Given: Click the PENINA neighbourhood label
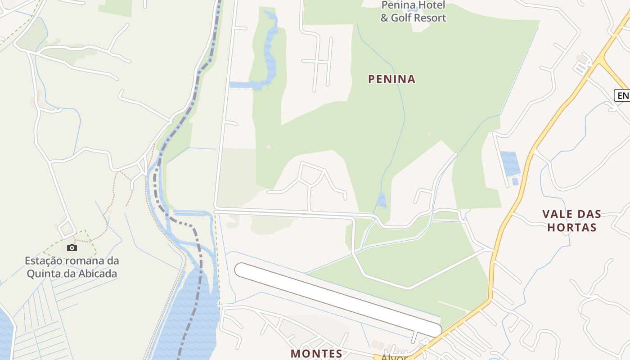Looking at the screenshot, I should [x=391, y=79].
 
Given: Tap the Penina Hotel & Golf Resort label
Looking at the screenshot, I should [x=413, y=12].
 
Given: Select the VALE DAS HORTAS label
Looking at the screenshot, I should [x=571, y=220].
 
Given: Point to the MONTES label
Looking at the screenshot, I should [x=316, y=354].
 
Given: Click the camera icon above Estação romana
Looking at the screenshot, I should [x=72, y=247].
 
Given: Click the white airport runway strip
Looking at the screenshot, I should [x=337, y=299].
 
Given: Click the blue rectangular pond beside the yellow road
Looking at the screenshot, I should [x=510, y=164].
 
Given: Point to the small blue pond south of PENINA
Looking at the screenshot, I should [x=381, y=200].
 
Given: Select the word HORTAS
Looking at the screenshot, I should [x=571, y=227].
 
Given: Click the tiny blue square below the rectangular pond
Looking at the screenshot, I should [x=515, y=181].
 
